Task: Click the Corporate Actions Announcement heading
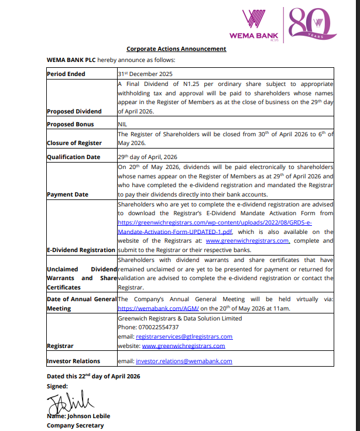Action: click(x=176, y=49)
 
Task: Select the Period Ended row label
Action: click(x=66, y=74)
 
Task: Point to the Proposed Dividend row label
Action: click(x=74, y=111)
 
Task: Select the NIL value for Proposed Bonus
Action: click(x=122, y=124)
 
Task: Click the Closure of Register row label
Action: click(x=74, y=143)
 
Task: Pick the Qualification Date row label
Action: click(x=73, y=157)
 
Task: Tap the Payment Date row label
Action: click(x=67, y=194)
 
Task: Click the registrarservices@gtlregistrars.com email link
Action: click(x=184, y=336)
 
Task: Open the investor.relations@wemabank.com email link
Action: click(x=184, y=361)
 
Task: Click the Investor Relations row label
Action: click(x=73, y=361)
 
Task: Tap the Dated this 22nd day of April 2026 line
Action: click(x=94, y=376)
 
